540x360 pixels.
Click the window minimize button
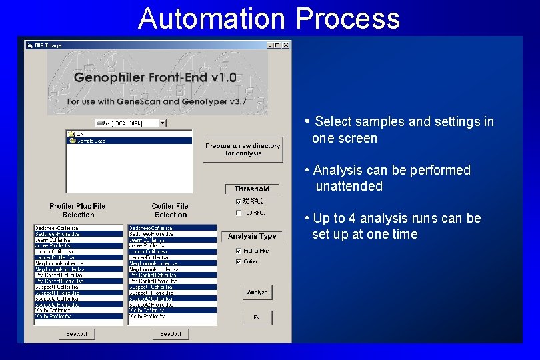(271, 45)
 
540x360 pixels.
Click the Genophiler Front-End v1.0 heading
(155, 77)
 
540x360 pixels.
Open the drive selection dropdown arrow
(162, 123)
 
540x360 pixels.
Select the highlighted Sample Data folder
(90, 141)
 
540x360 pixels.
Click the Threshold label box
(252, 189)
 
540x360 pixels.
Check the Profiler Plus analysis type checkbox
(239, 251)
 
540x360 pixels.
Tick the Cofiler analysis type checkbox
(239, 261)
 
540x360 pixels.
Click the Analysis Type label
(251, 236)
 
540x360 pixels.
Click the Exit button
(257, 317)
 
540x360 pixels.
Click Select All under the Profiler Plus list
(77, 333)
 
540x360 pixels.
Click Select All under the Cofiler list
(170, 333)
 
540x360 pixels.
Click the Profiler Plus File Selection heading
(78, 210)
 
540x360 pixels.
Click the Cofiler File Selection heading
(170, 210)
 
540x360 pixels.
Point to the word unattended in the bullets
(349, 187)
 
